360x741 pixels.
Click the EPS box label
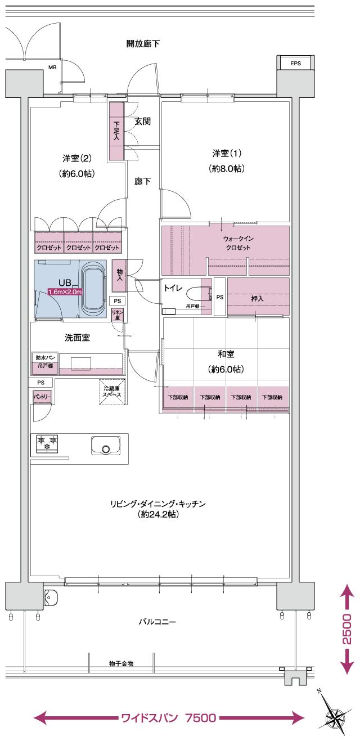pos(295,64)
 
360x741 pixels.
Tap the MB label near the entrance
pos(52,68)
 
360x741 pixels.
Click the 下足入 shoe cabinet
pos(116,131)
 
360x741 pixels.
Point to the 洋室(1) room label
pos(227,153)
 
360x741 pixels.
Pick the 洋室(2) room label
pos(76,159)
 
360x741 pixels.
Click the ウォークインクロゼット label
pos(238,243)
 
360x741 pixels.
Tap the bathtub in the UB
pos(94,290)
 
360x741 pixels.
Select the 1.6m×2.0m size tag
pos(65,292)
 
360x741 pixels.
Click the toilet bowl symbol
pos(197,295)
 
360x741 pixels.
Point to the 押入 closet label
pos(258,298)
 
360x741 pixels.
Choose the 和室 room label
pos(226,354)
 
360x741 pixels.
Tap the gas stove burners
pos(47,443)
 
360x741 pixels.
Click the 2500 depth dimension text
pos(347,628)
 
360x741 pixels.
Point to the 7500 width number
pos(199,718)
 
